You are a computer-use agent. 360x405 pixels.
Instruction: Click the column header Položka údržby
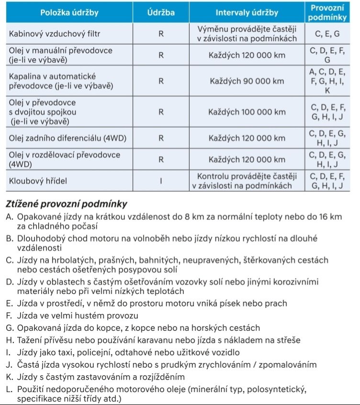coord(69,13)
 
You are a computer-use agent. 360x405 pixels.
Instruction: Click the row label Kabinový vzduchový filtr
coord(55,34)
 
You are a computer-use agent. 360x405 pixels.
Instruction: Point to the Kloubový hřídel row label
coord(37,181)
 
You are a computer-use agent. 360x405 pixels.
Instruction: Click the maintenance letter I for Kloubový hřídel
coord(161,181)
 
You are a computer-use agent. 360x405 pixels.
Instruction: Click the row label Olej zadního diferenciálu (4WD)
coord(67,139)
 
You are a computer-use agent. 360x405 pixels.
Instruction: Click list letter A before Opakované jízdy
coord(9,217)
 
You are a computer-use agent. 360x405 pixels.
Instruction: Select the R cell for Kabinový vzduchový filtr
coord(161,34)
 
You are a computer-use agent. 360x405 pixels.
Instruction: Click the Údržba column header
coord(161,13)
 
